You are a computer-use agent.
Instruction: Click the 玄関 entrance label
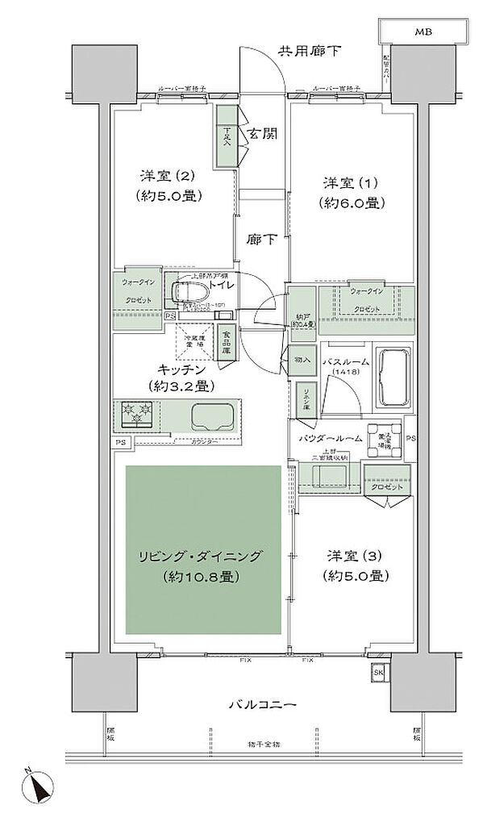(264, 134)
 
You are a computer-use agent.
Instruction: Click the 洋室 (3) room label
(359, 556)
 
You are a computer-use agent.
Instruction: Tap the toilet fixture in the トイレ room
(190, 293)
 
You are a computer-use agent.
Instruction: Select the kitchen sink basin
(211, 416)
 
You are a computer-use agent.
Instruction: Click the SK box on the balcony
(378, 673)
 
